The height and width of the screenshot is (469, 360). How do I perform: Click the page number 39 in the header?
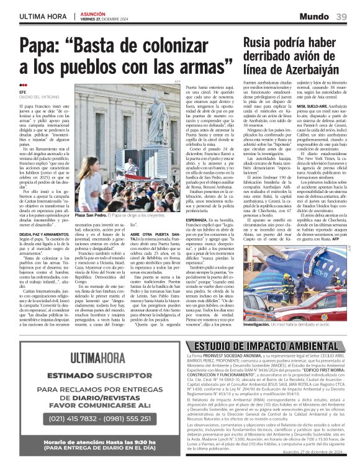(341, 16)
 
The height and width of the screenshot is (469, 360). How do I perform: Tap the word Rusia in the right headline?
(260, 42)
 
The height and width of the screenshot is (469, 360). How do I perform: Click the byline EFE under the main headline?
(23, 92)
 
